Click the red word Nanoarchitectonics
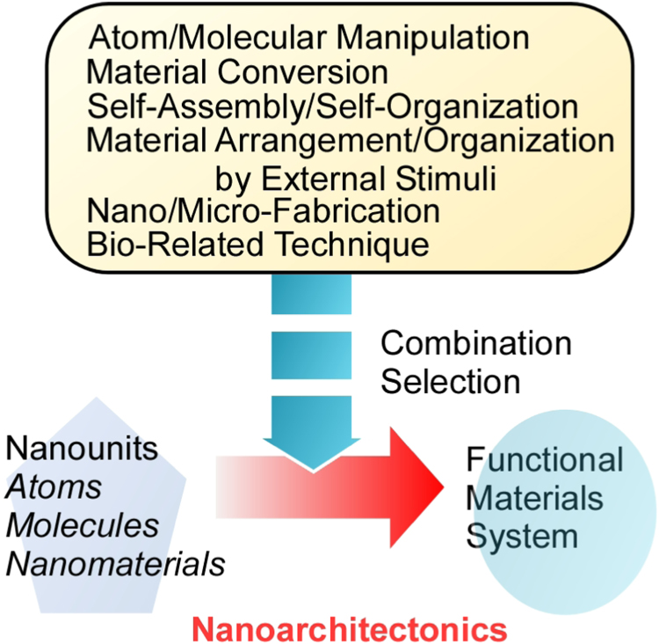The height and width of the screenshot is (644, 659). point(350,627)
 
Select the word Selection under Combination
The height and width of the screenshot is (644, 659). point(451,380)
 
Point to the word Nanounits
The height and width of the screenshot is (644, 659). point(82,448)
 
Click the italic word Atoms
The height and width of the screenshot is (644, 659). point(54,487)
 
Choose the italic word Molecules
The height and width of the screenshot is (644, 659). point(82,524)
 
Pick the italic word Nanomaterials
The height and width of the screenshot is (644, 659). point(115,563)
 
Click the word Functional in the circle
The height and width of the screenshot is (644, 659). point(545,459)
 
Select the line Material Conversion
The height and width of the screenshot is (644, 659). point(238,72)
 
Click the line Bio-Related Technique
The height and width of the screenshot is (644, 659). point(258,243)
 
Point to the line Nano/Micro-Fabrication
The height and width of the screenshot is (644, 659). point(263,210)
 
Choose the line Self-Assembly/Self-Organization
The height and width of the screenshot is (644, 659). point(333,107)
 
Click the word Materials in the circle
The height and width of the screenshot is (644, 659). point(533,497)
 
